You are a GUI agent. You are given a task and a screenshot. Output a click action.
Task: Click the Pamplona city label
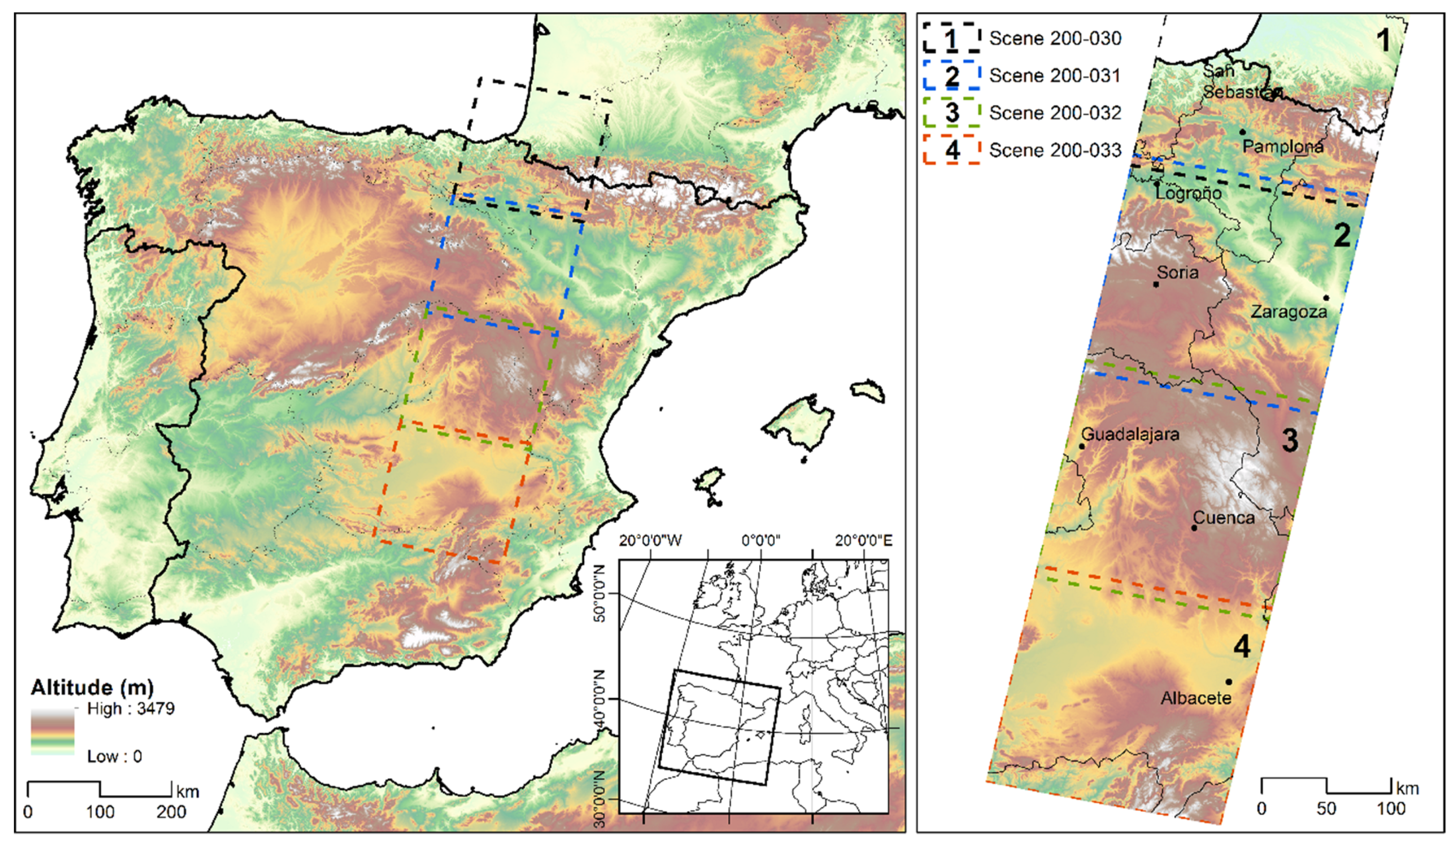pyautogui.click(x=1282, y=147)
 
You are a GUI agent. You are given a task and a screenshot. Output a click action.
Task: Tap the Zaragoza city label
pyautogui.click(x=1289, y=312)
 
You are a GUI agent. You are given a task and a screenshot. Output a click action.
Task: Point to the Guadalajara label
pyautogui.click(x=1129, y=434)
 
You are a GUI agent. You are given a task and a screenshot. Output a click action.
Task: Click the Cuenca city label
pyautogui.click(x=1223, y=518)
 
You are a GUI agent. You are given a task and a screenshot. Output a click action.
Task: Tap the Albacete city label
pyautogui.click(x=1196, y=698)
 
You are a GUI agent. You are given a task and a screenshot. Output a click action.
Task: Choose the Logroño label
pyautogui.click(x=1188, y=193)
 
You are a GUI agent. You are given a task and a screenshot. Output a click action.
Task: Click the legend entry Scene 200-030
pyautogui.click(x=1055, y=39)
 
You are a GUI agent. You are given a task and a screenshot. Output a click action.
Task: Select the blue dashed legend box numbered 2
pyautogui.click(x=951, y=76)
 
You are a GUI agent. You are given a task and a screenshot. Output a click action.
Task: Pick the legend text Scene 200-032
pyautogui.click(x=1055, y=113)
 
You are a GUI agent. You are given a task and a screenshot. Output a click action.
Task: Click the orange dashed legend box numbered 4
pyautogui.click(x=951, y=150)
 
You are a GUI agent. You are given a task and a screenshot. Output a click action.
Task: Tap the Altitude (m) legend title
pyautogui.click(x=92, y=687)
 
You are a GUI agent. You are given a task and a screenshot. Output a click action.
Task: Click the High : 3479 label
pyautogui.click(x=130, y=709)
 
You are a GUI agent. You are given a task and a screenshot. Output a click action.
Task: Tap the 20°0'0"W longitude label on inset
pyautogui.click(x=650, y=541)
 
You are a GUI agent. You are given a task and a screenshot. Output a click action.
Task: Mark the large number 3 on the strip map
pyautogui.click(x=1290, y=441)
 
